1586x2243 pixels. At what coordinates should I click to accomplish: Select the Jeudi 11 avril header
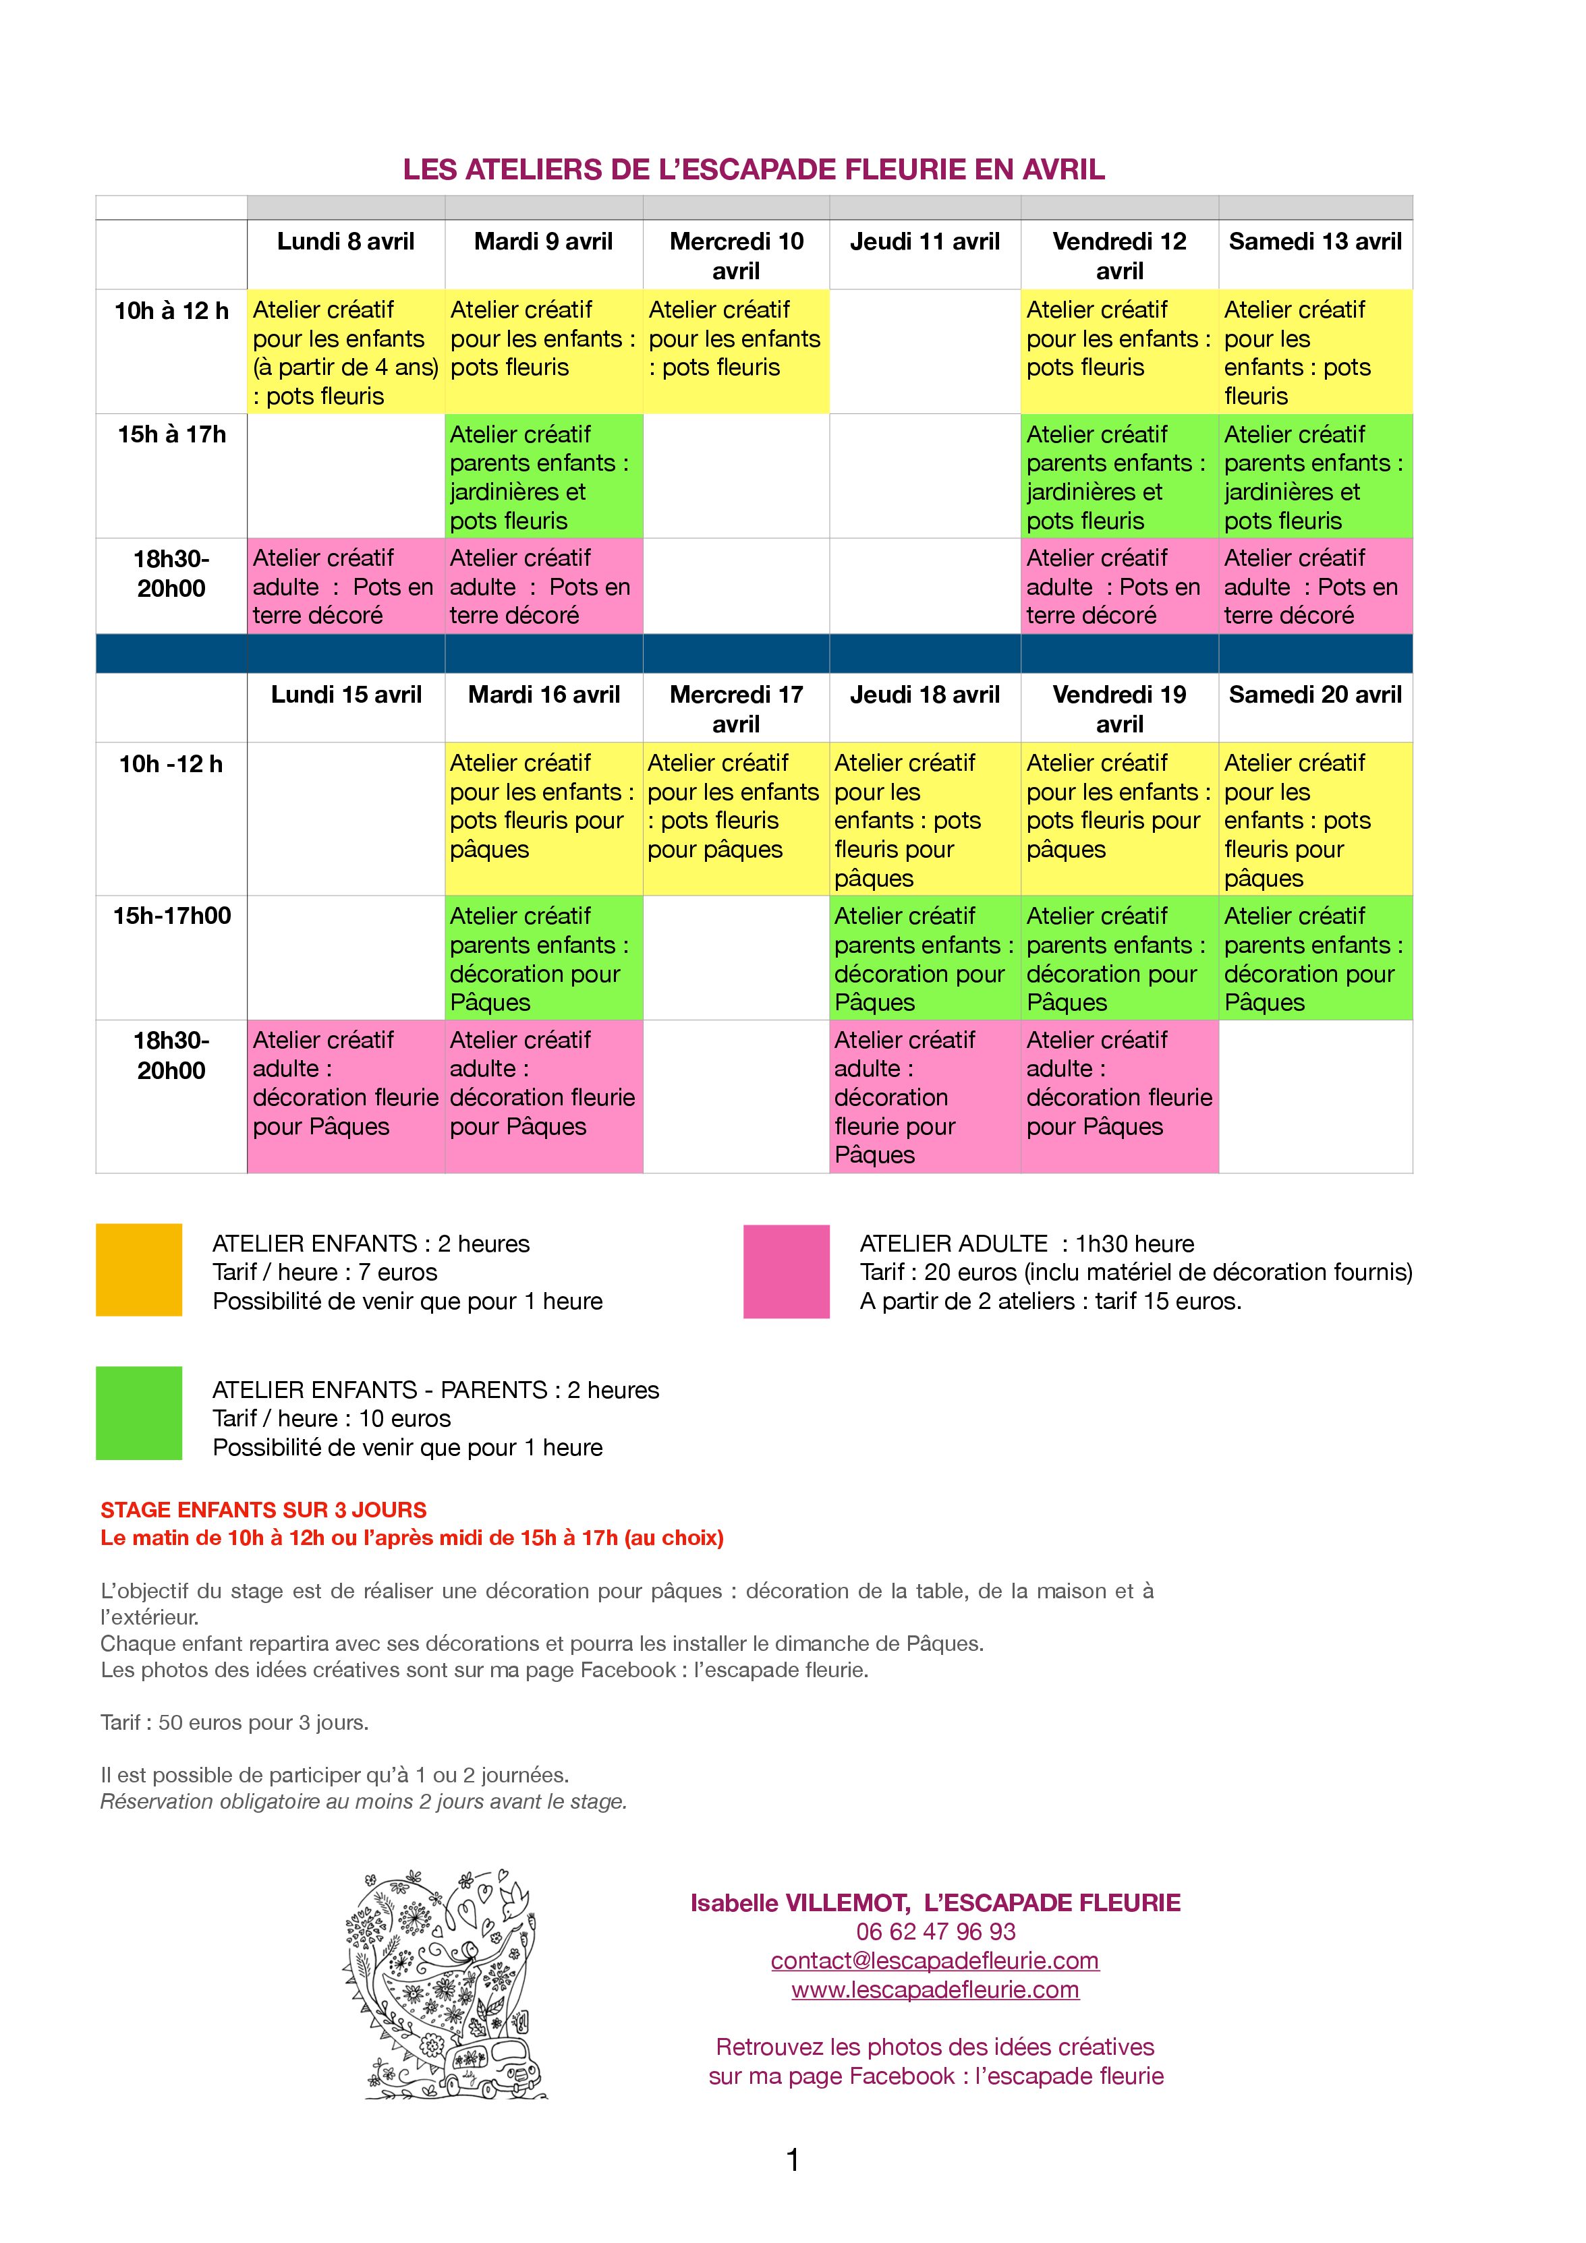click(x=924, y=241)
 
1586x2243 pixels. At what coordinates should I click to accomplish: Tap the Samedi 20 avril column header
click(x=1314, y=695)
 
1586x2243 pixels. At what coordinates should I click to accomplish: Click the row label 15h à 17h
click(x=171, y=435)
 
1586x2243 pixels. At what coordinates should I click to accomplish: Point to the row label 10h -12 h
click(x=171, y=764)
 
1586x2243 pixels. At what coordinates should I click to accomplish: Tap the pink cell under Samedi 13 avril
click(x=1314, y=586)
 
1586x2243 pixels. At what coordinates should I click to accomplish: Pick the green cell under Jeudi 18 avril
click(x=924, y=958)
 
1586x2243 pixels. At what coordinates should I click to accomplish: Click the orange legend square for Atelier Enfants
click(x=139, y=1270)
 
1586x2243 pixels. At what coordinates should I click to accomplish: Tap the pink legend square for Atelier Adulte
click(x=786, y=1272)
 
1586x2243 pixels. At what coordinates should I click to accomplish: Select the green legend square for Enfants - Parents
click(x=139, y=1413)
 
